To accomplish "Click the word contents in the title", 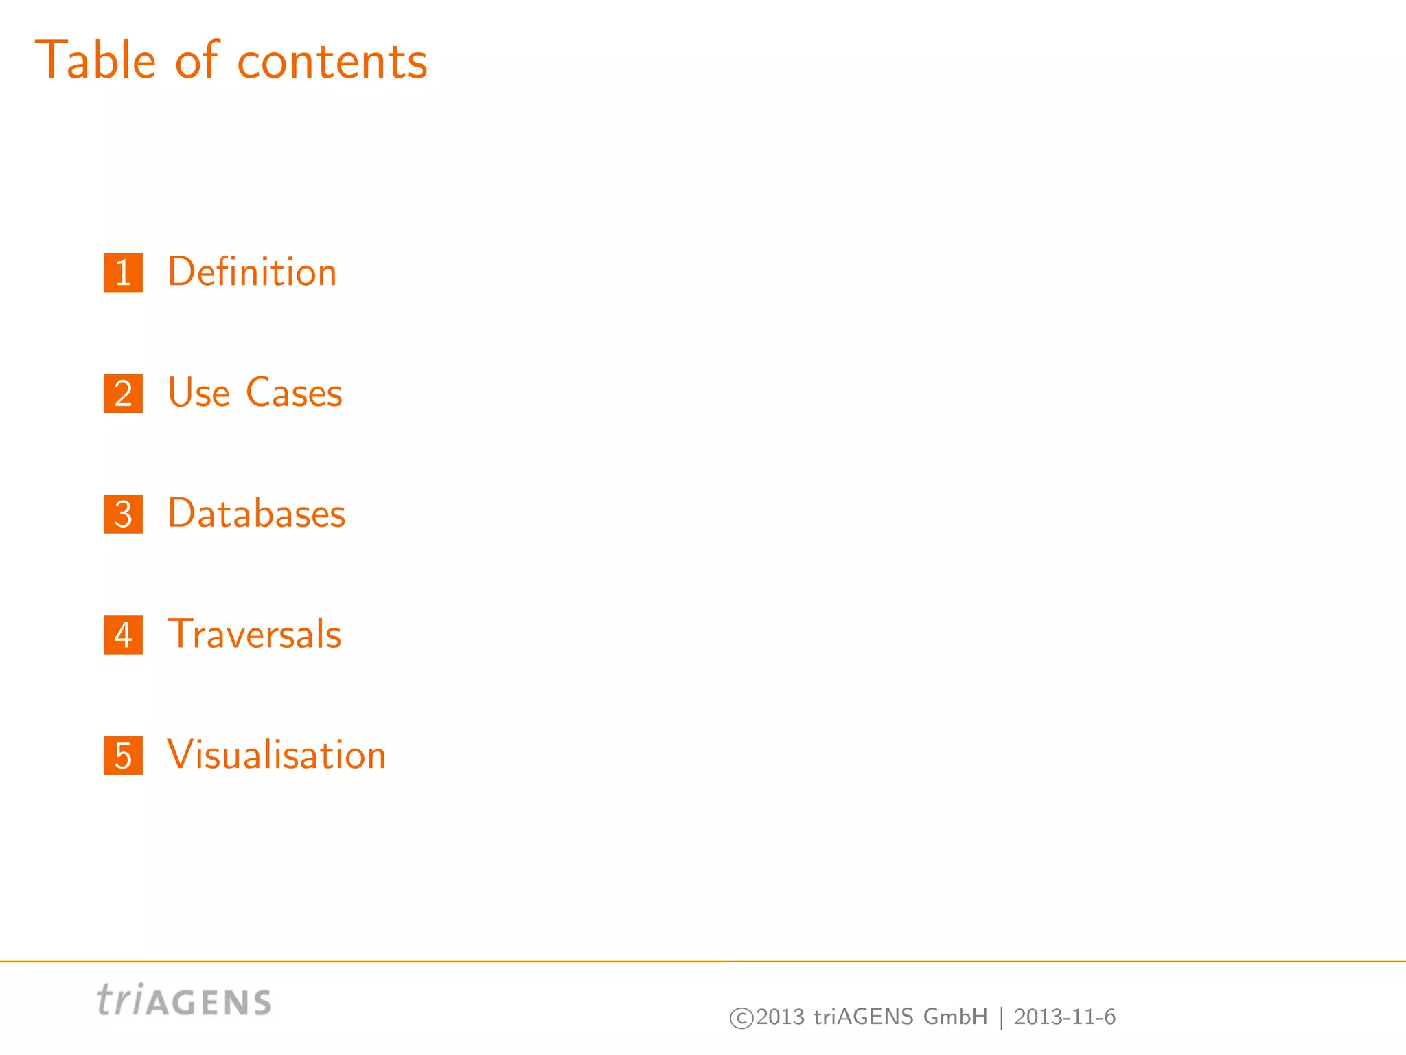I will tap(332, 62).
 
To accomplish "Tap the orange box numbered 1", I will tap(124, 273).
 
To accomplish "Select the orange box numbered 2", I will tap(124, 394).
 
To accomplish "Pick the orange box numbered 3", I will tap(124, 514).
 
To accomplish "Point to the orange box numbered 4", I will tap(124, 635).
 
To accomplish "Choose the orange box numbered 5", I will tap(124, 756).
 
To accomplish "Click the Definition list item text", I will tap(252, 272).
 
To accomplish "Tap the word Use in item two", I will tap(198, 393).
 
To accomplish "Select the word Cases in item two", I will tap(294, 393).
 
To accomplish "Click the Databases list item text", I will tap(256, 514).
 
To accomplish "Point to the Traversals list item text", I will tap(254, 634).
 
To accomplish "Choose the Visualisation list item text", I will tap(276, 755).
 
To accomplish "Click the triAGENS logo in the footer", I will tap(184, 1000).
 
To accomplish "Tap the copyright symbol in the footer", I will tap(741, 1018).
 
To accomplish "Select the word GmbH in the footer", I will tap(955, 1017).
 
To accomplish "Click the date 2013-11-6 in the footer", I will tap(1065, 1017).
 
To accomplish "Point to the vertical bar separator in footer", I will tap(1001, 1017).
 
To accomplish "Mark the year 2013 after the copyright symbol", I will tap(780, 1017).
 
